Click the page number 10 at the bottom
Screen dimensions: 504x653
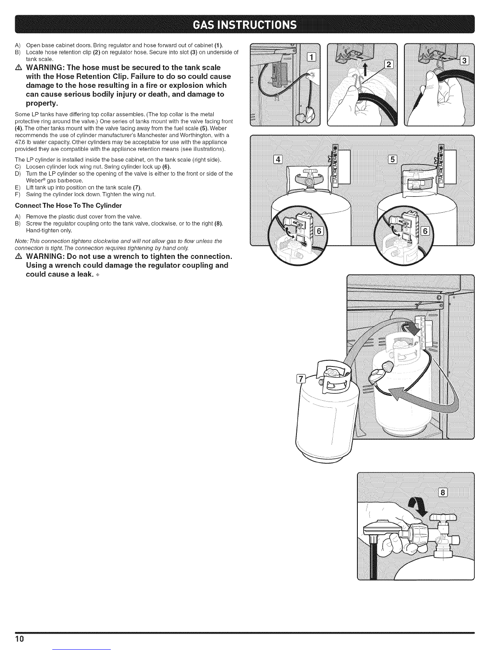[20, 639]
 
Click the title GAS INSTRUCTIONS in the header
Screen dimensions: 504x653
[252, 24]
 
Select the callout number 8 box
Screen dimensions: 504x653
[443, 492]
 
